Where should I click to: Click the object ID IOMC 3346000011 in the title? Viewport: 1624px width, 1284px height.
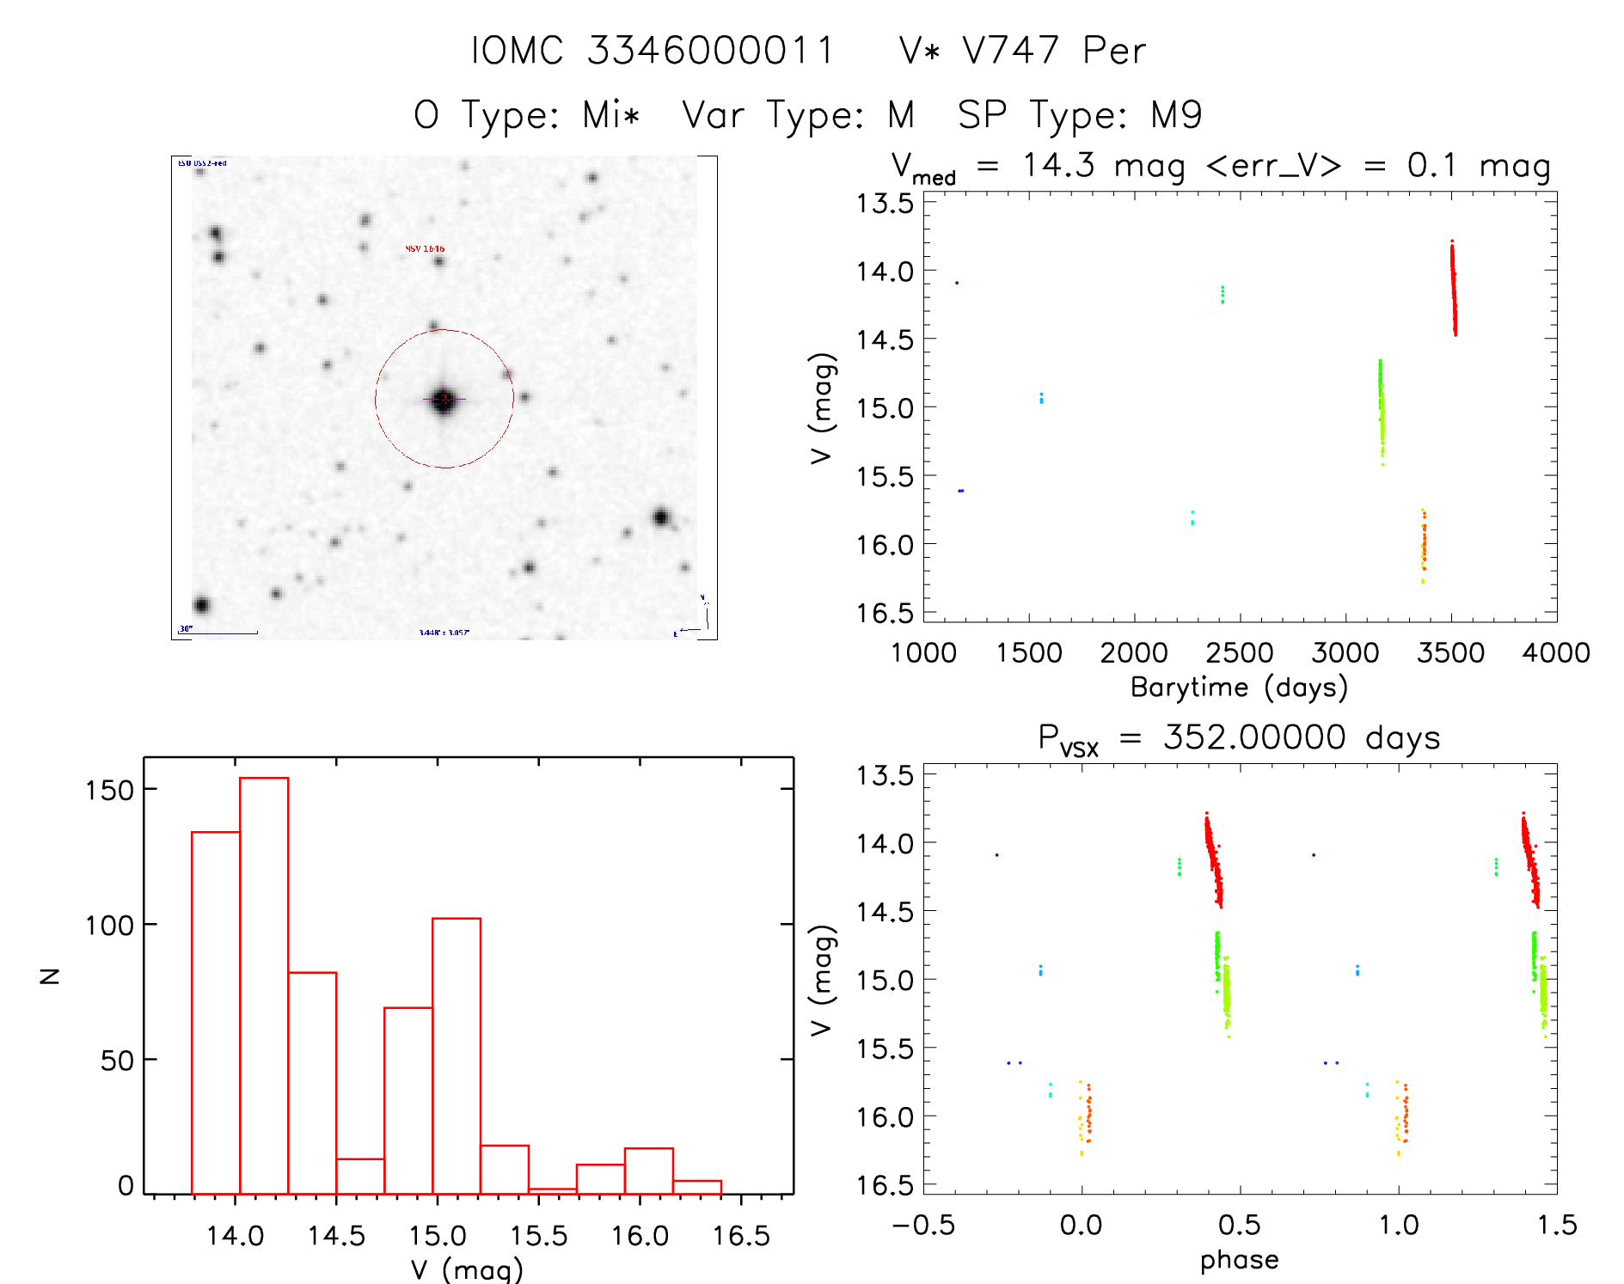click(x=653, y=51)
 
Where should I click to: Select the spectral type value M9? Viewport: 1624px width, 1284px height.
click(x=1176, y=115)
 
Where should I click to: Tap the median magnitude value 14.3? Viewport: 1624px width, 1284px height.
click(x=1058, y=165)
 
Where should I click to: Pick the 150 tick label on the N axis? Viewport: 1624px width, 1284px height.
click(x=109, y=789)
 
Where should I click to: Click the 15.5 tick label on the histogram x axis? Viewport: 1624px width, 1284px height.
click(x=538, y=1236)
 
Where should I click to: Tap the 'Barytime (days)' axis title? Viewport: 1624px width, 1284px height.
click(x=1239, y=687)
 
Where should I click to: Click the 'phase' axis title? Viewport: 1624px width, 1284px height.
click(x=1239, y=1259)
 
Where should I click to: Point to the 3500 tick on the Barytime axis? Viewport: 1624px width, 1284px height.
click(x=1451, y=652)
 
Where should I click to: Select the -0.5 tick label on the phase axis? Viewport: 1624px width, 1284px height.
click(x=922, y=1225)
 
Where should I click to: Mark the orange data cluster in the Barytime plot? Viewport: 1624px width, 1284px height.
click(x=1423, y=545)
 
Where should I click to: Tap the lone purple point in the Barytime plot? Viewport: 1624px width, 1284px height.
click(x=957, y=283)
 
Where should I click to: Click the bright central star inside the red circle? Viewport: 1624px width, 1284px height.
click(x=444, y=400)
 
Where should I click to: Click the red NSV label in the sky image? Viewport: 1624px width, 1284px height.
click(x=425, y=249)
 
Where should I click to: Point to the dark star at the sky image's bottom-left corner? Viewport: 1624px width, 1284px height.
click(x=201, y=605)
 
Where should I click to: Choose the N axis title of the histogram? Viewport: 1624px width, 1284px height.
click(x=50, y=975)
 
